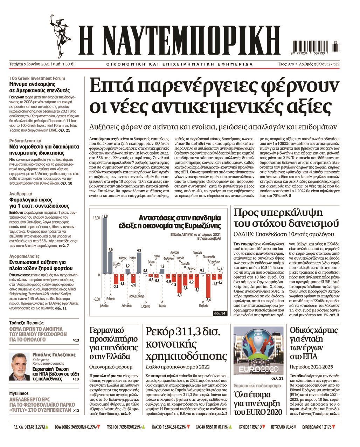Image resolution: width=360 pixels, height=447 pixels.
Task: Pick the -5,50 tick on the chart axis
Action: point(96,299)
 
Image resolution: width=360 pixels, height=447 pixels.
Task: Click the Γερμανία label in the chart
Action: point(197,253)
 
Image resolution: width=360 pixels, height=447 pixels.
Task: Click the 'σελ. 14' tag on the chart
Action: point(220,313)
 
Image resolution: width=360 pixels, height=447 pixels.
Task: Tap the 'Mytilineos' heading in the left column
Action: point(19,393)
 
